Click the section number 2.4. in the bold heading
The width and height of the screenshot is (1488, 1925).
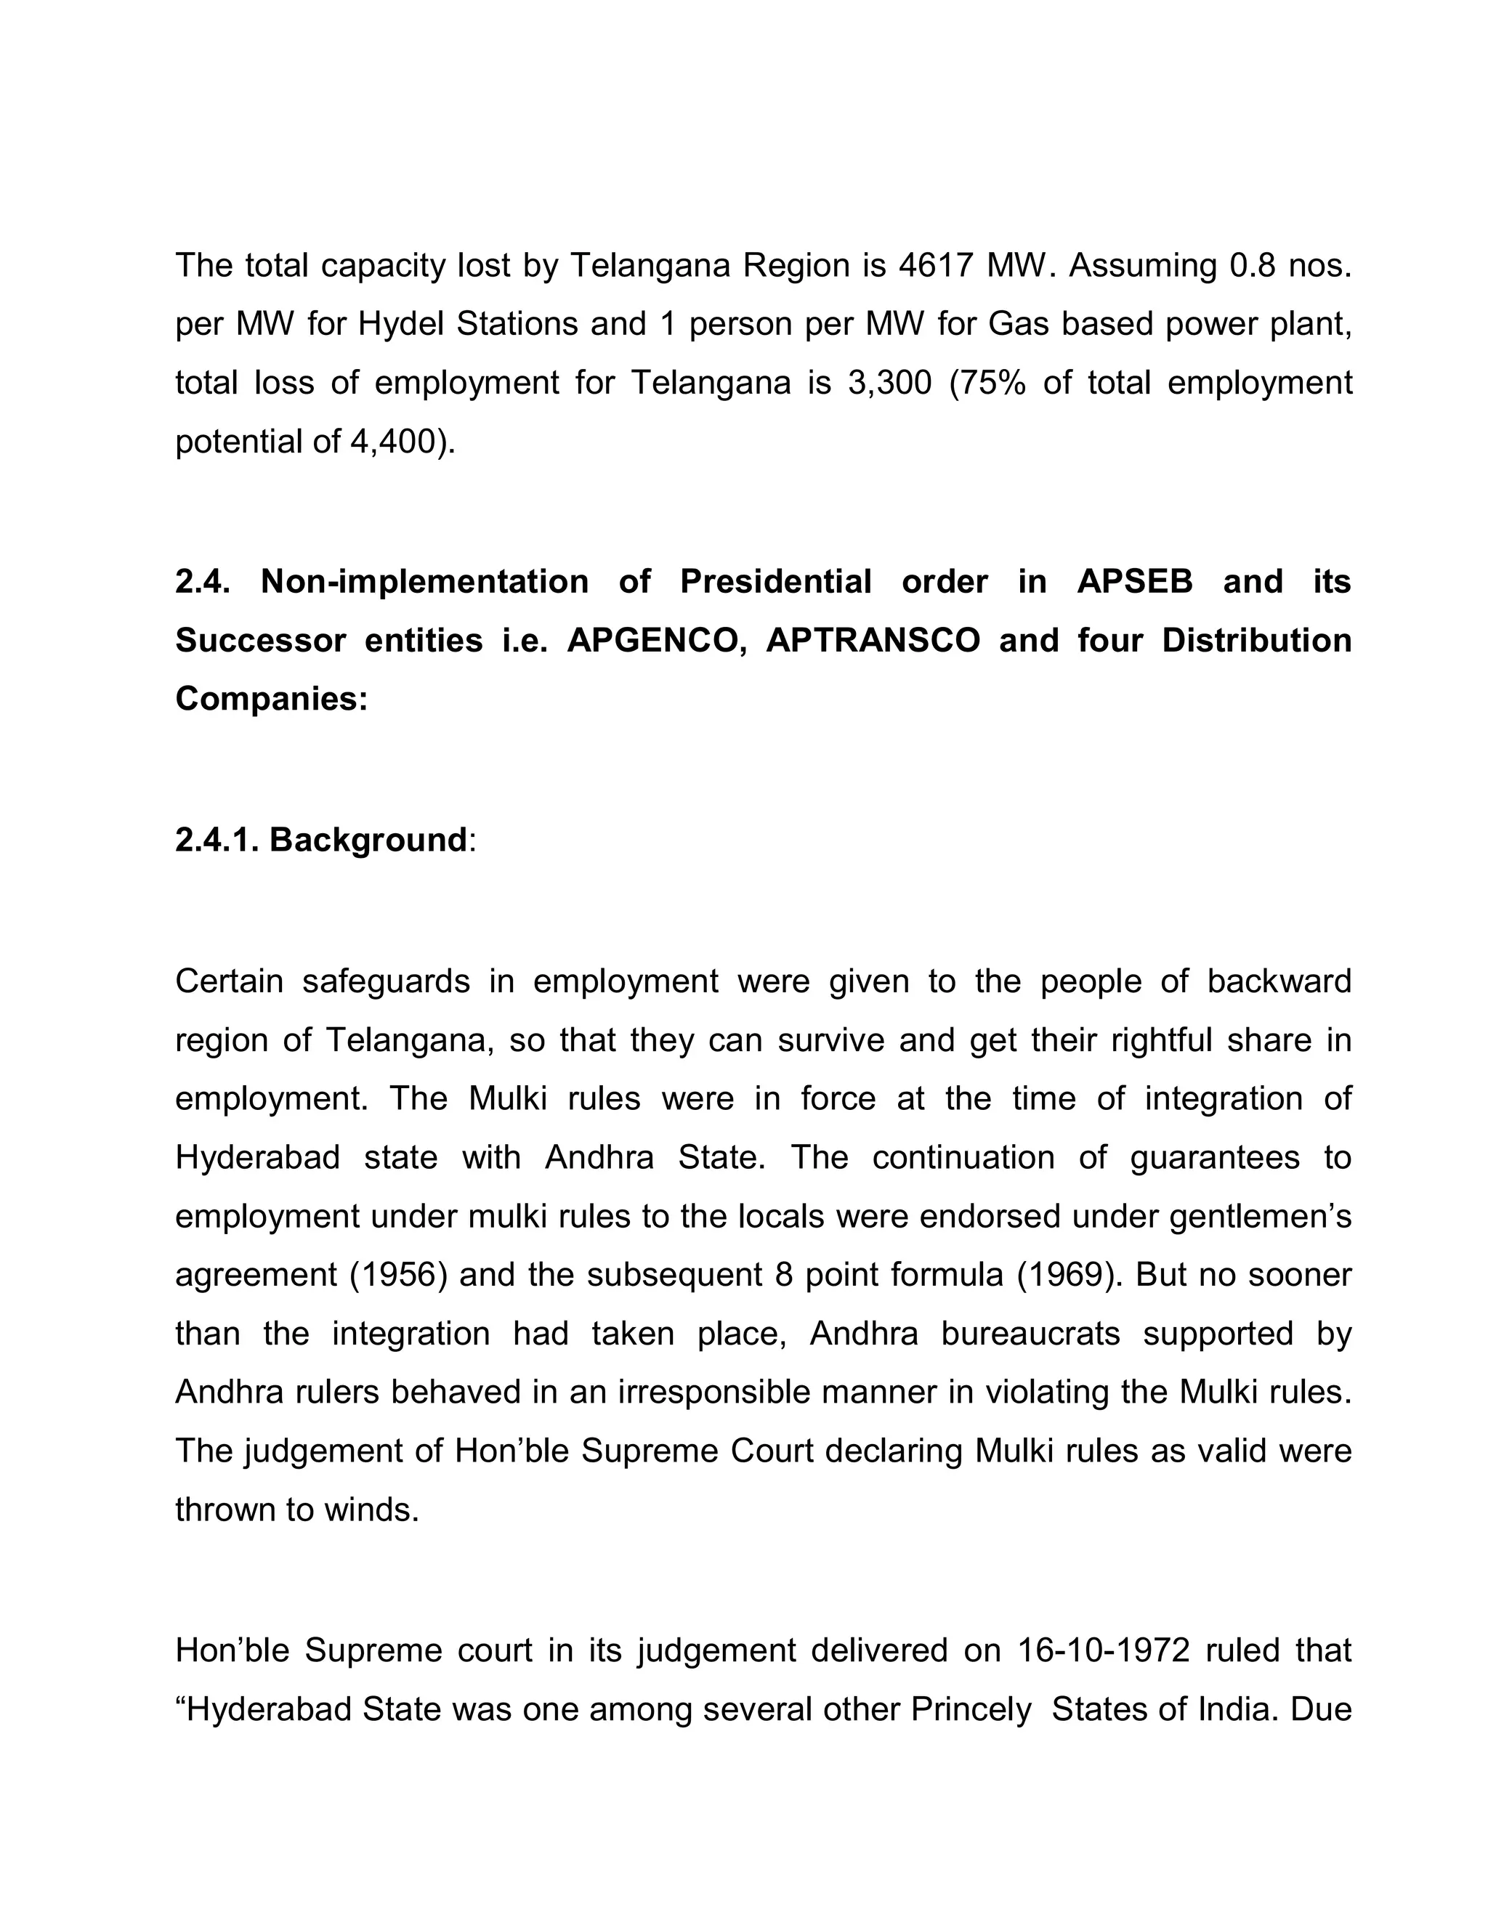coord(203,582)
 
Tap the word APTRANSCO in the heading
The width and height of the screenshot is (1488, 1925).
coord(873,640)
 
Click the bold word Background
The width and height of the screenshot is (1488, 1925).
coord(368,840)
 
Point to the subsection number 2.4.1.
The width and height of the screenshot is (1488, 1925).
coord(217,840)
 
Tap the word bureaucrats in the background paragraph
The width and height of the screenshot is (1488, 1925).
coord(1030,1334)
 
